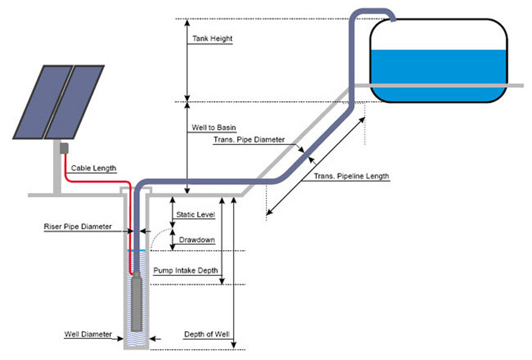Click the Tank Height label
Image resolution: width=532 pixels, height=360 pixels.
pos(213,39)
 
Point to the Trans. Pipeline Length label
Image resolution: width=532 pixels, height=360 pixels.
pos(351,176)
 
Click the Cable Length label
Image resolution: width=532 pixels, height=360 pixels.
pos(94,169)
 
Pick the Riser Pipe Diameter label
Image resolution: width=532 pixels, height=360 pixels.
pos(78,227)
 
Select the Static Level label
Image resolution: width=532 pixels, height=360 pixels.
pos(195,214)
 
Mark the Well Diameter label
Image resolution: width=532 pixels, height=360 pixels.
pos(88,334)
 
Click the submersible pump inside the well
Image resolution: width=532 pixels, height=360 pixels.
pos(138,301)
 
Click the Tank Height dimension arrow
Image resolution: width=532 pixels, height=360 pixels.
pos(187,60)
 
